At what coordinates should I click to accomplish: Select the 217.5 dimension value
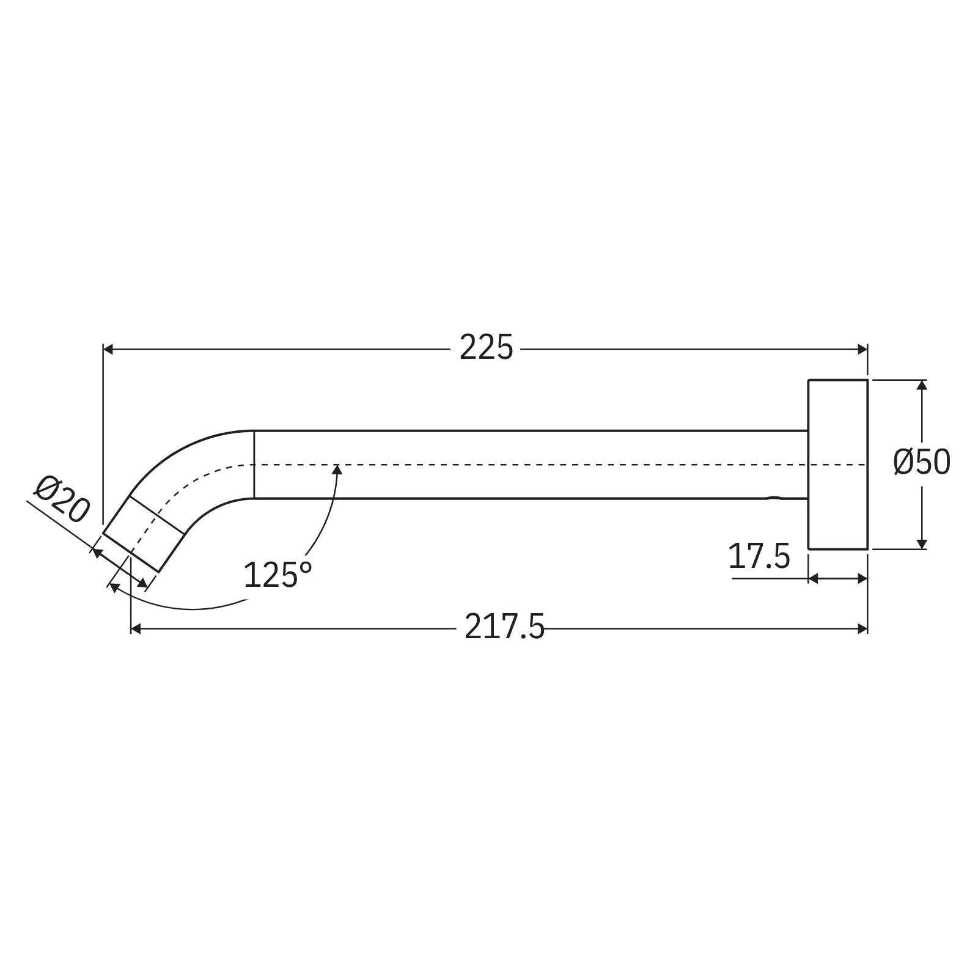(x=504, y=627)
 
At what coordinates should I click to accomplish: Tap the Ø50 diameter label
(x=922, y=463)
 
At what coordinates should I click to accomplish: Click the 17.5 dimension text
(x=759, y=556)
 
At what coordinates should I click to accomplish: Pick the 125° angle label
(x=278, y=575)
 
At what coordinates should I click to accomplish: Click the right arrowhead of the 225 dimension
(x=862, y=349)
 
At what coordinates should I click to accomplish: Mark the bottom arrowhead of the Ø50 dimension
(x=922, y=543)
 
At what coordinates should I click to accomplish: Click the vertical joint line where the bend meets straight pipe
(x=254, y=465)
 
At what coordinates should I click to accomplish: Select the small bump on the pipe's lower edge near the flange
(x=775, y=498)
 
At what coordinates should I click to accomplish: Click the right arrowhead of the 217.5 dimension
(x=862, y=628)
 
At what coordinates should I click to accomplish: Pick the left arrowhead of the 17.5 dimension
(x=814, y=578)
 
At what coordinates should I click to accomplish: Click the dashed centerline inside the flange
(x=837, y=465)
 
